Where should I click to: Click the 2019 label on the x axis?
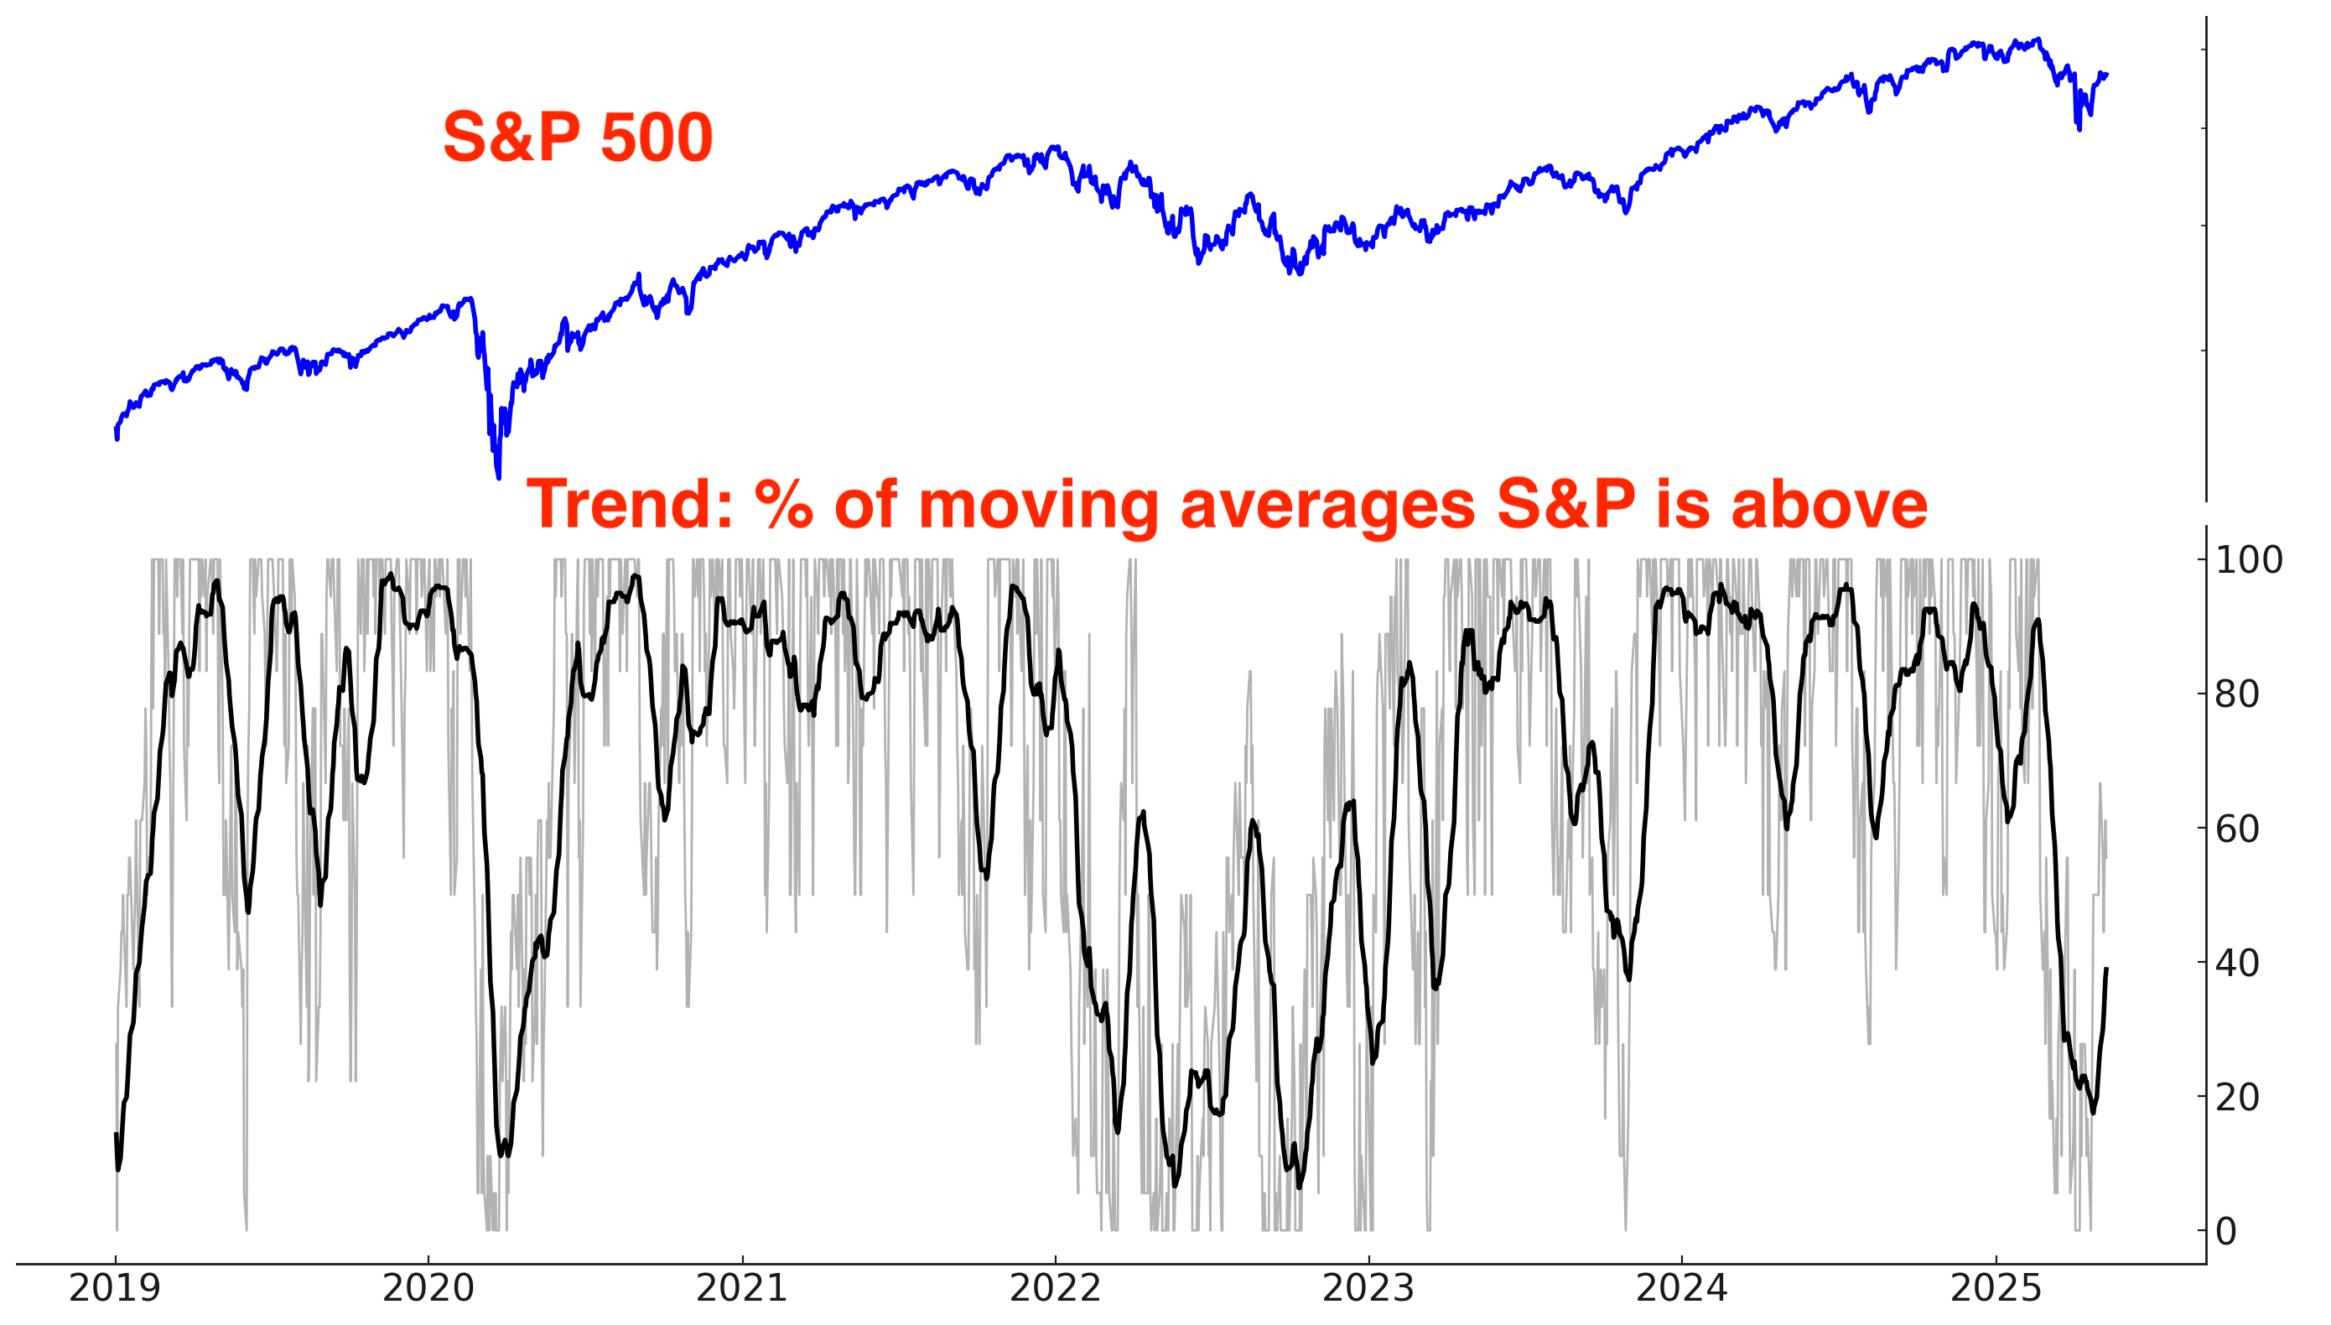pyautogui.click(x=115, y=1289)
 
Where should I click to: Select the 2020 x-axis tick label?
pyautogui.click(x=428, y=1289)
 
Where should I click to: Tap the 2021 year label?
pyautogui.click(x=741, y=1289)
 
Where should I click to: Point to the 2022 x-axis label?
pyautogui.click(x=1055, y=1289)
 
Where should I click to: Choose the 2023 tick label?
pyautogui.click(x=1368, y=1289)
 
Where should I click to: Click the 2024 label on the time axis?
pyautogui.click(x=1681, y=1289)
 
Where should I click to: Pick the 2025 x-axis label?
pyautogui.click(x=1996, y=1289)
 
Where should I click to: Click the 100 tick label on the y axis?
pyautogui.click(x=2248, y=559)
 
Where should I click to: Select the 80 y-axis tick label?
pyautogui.click(x=2237, y=694)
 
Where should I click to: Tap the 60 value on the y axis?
pyautogui.click(x=2237, y=829)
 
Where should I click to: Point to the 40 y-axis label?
pyautogui.click(x=2237, y=963)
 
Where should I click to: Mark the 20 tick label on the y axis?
pyautogui.click(x=2237, y=1098)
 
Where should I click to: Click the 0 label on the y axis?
pyautogui.click(x=2226, y=1232)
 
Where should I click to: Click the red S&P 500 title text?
pyautogui.click(x=578, y=138)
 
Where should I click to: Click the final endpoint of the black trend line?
pyautogui.click(x=2106, y=969)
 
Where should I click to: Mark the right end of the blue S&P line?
pyautogui.click(x=2107, y=75)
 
